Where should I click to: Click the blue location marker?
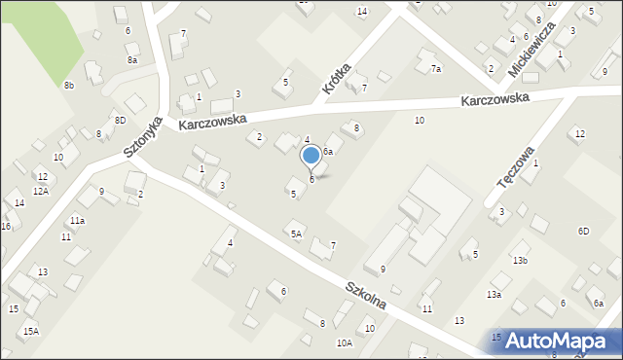click(x=311, y=156)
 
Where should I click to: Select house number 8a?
click(x=132, y=60)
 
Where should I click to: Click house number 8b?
click(x=69, y=86)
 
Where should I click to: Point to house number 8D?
click(x=120, y=120)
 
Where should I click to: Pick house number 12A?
click(x=40, y=191)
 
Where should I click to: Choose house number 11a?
click(x=77, y=221)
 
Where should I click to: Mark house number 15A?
click(x=31, y=332)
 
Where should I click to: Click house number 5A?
click(x=296, y=234)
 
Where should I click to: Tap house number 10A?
click(x=345, y=342)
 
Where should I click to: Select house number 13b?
click(x=520, y=260)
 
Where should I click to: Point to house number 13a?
click(x=495, y=294)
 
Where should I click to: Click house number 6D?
click(x=583, y=231)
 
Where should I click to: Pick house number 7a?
click(x=435, y=69)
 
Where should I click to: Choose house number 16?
click(x=5, y=226)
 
